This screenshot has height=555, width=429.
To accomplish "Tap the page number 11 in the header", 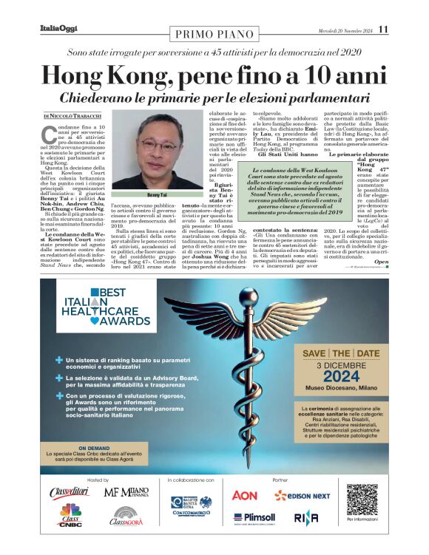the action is tap(382, 30).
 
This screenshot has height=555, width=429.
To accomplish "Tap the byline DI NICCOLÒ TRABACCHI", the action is tap(71, 116).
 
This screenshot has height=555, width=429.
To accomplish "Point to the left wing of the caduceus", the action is tap(189, 314).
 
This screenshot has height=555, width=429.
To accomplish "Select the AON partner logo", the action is tap(245, 494).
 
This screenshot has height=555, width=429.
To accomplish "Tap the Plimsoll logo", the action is tap(254, 518).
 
